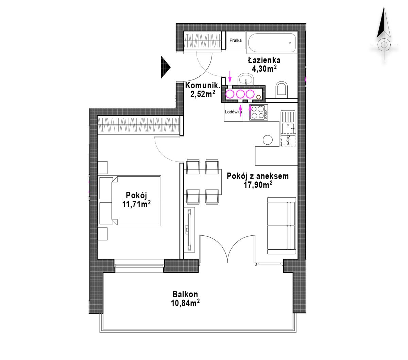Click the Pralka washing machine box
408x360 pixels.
(235, 40)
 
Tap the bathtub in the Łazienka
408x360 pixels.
(272, 43)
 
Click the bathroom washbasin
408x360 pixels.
(245, 79)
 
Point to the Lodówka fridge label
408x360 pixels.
(233, 112)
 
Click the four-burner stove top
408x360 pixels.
(258, 112)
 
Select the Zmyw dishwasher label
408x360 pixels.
(288, 140)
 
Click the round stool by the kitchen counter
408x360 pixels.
(268, 140)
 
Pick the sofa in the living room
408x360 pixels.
(281, 226)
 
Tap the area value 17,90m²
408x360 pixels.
(258, 184)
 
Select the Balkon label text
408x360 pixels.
(185, 294)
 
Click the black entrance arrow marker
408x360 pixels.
(165, 67)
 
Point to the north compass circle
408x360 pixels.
(384, 45)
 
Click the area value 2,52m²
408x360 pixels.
(203, 94)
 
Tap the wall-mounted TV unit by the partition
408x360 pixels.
(189, 230)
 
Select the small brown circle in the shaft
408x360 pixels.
(258, 97)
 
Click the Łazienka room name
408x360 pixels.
(264, 60)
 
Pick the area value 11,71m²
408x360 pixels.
(136, 204)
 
